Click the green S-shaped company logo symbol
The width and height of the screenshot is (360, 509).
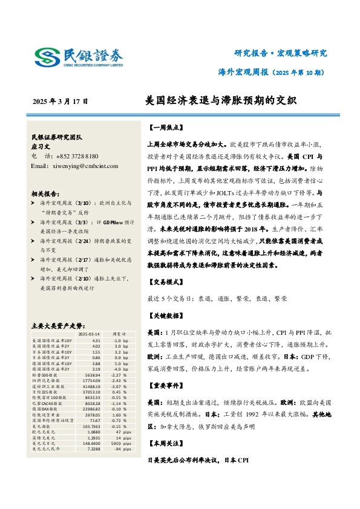pyautogui.click(x=46, y=57)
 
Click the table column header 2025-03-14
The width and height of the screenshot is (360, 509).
pyautogui.click(x=90, y=334)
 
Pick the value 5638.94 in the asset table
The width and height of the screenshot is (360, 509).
pyautogui.click(x=92, y=374)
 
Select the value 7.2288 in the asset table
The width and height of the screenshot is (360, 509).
pyautogui.click(x=92, y=448)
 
